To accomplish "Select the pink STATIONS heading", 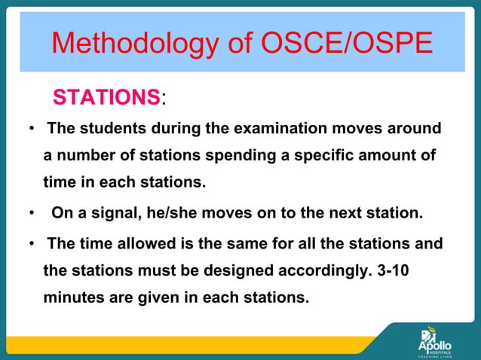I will point(106,98).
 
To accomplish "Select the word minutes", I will point(74,297).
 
